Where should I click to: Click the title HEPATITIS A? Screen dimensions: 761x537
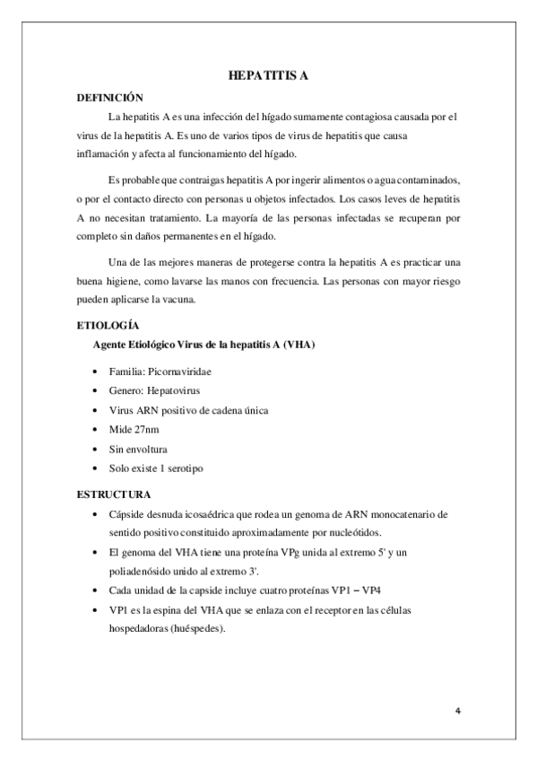[x=268, y=77]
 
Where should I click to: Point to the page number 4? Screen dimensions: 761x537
[x=457, y=712]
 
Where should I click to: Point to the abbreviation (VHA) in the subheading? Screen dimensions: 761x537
[x=292, y=345]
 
